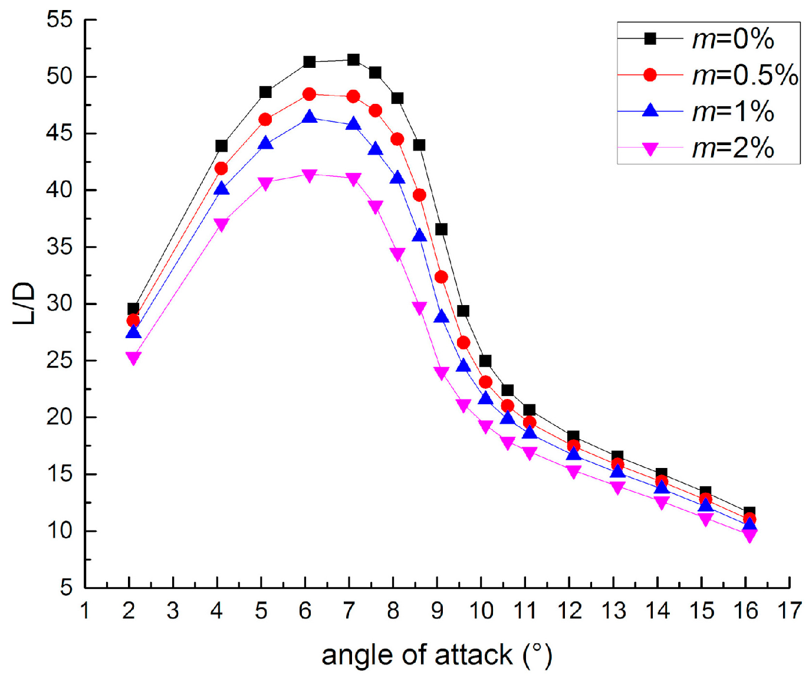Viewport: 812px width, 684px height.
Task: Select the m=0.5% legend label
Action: point(745,76)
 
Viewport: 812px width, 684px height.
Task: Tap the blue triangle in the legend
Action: point(650,110)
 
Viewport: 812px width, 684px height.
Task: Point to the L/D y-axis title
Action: point(24,303)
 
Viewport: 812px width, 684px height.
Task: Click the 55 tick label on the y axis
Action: point(60,20)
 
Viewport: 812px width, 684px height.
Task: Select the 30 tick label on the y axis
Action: point(60,303)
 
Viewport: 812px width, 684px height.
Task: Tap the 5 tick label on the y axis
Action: point(66,587)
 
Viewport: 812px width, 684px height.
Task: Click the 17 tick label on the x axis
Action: point(790,610)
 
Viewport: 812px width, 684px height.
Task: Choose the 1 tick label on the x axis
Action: point(85,610)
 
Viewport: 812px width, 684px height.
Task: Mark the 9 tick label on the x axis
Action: point(437,610)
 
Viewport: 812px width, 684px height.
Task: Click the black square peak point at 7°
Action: point(353,60)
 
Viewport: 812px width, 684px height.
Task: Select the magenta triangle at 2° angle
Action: point(133,358)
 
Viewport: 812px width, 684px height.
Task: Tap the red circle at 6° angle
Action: point(309,94)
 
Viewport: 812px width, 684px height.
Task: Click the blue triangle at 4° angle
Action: point(221,189)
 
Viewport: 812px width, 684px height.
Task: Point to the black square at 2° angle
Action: point(133,309)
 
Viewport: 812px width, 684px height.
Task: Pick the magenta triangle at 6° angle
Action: point(309,175)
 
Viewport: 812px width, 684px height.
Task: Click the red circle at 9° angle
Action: point(441,277)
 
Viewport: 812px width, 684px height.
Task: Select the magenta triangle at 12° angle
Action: point(573,472)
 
